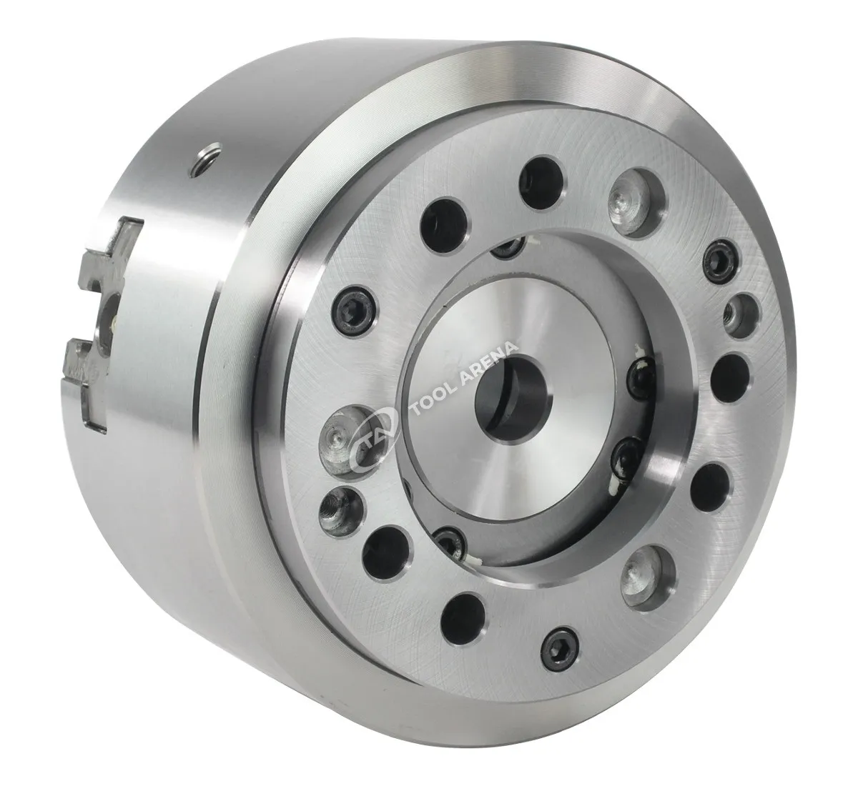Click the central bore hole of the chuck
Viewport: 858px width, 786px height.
(511, 401)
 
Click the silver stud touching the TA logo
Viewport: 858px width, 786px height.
(347, 438)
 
